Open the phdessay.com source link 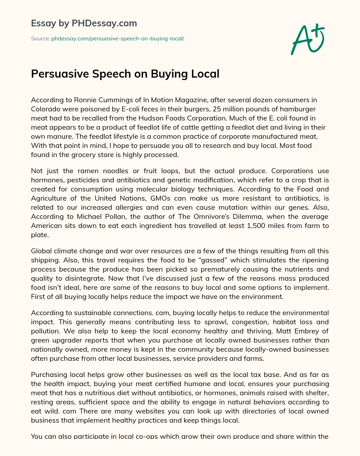(x=117, y=39)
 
